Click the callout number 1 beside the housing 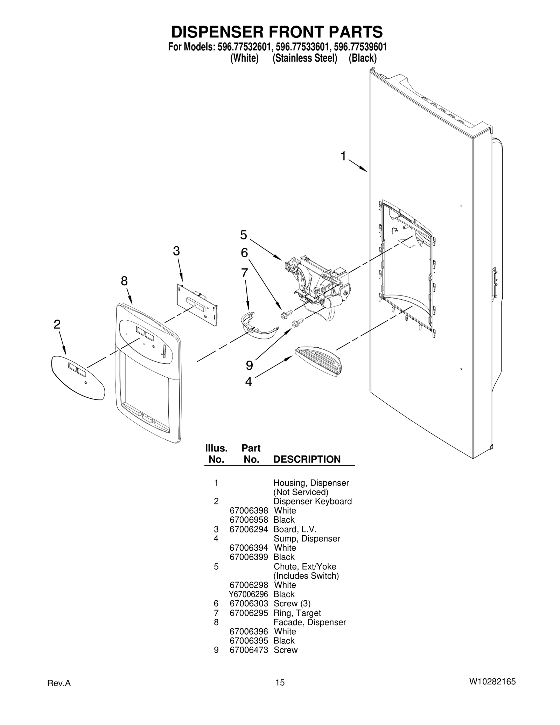click(x=343, y=156)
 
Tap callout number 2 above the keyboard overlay click(x=57, y=325)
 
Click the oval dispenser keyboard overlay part click(x=78, y=377)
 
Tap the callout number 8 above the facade click(x=124, y=281)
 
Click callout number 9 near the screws click(x=249, y=365)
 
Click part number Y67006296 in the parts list click(x=248, y=594)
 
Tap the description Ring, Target click(x=297, y=613)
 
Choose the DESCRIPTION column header click(x=307, y=459)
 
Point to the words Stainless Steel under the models click(x=304, y=58)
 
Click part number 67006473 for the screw click(x=248, y=650)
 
